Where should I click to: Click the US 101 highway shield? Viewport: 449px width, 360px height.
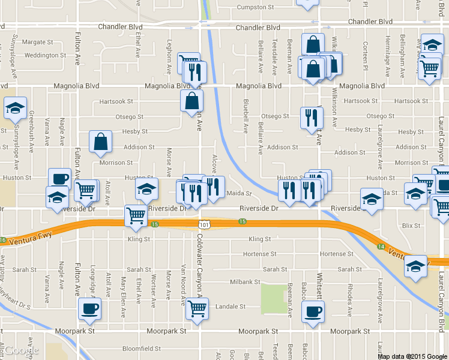(x=205, y=224)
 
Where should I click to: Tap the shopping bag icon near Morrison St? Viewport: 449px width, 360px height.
(x=101, y=142)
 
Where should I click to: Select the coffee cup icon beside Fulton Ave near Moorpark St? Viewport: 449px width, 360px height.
(x=90, y=308)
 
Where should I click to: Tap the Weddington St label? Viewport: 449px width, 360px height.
(x=46, y=55)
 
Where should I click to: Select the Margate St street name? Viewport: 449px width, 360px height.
(x=38, y=43)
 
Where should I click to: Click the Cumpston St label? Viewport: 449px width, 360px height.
(x=255, y=7)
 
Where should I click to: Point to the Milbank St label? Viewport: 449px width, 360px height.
(x=245, y=282)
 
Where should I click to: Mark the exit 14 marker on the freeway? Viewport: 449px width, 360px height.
(x=381, y=246)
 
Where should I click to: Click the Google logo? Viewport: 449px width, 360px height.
(x=20, y=350)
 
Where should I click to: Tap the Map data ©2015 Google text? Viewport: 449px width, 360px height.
(x=412, y=356)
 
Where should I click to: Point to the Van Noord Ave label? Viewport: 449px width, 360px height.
(x=184, y=282)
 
